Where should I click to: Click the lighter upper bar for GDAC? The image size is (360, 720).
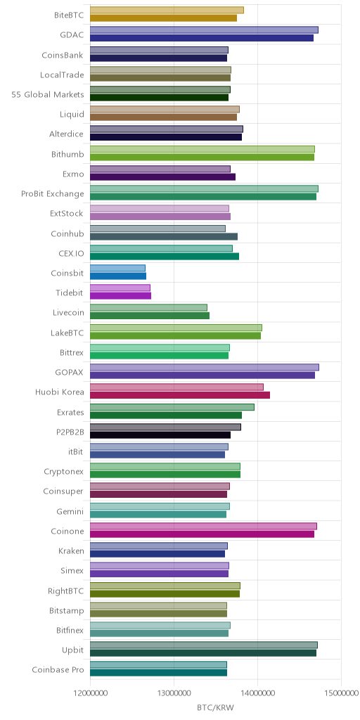coord(204,30)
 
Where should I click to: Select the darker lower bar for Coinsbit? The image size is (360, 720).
coord(118,276)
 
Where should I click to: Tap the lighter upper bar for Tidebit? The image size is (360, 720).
coord(120,288)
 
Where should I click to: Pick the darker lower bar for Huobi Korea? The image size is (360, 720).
coord(180,395)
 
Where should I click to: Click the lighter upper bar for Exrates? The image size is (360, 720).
coord(172,407)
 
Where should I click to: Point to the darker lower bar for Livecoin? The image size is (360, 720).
coord(150,316)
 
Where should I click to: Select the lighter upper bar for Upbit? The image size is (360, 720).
coord(204,645)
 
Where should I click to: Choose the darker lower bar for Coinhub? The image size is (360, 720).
coord(164,236)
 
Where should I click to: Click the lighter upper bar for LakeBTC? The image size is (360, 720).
coord(176,328)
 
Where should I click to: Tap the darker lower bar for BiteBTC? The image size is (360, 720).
coord(163,18)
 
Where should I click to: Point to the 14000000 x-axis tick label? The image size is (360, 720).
coord(257,693)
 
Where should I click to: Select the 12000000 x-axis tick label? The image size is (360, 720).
coord(90,693)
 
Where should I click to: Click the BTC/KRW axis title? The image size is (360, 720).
coord(215,707)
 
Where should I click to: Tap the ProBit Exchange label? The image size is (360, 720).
coord(53,194)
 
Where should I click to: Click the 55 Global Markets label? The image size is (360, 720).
coord(48,95)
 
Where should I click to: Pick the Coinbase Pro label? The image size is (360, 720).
coord(58,670)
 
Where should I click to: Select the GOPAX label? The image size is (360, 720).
coord(72,372)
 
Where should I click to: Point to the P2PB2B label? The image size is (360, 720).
coord(70,432)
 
